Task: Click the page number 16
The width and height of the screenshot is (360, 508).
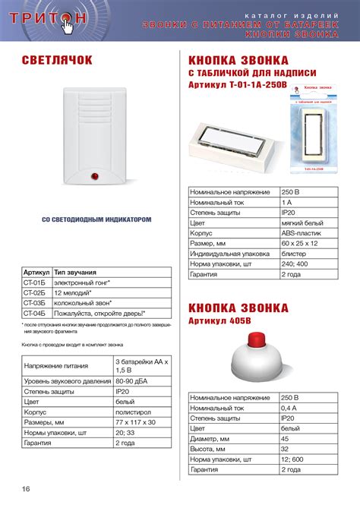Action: click(26, 487)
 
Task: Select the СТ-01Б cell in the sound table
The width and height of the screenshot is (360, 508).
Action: click(36, 282)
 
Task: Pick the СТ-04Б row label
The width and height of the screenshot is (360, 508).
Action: click(36, 312)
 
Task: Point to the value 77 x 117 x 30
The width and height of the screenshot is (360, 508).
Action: click(135, 421)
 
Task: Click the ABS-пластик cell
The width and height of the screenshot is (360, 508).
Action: click(301, 235)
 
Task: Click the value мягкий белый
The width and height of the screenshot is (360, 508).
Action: click(301, 224)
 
